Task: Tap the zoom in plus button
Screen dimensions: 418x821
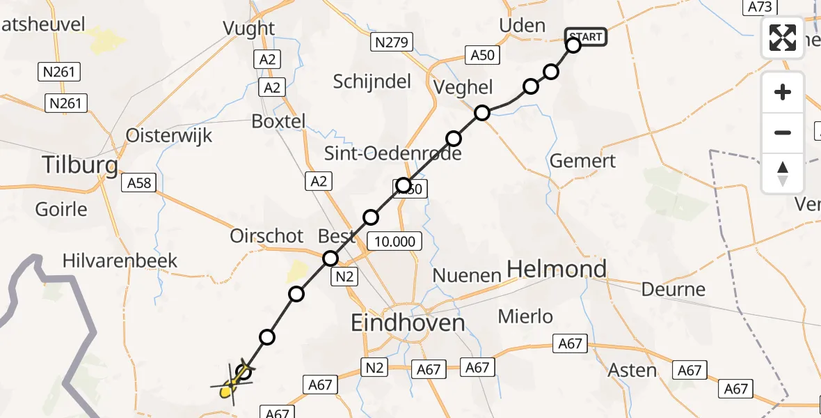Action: pyautogui.click(x=783, y=93)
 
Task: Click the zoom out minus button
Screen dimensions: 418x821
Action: pyautogui.click(x=783, y=132)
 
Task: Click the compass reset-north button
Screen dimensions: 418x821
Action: pyautogui.click(x=783, y=173)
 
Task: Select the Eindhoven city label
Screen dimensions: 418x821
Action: pyautogui.click(x=408, y=323)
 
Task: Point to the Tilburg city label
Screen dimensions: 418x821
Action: pyautogui.click(x=80, y=165)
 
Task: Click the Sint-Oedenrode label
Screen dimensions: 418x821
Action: pyautogui.click(x=394, y=153)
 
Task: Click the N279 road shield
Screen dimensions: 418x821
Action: pyautogui.click(x=392, y=42)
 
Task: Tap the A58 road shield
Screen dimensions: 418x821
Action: pyautogui.click(x=140, y=183)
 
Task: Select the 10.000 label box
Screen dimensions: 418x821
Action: pyautogui.click(x=395, y=242)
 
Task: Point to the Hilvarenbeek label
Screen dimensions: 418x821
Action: pyautogui.click(x=120, y=261)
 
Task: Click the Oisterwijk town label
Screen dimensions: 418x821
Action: pyautogui.click(x=169, y=135)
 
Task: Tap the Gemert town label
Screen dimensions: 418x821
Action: pyautogui.click(x=582, y=161)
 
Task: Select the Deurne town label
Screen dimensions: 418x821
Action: pyautogui.click(x=673, y=289)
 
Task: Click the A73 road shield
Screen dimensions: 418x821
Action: pyautogui.click(x=759, y=7)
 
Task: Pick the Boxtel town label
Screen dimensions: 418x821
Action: pyautogui.click(x=278, y=121)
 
